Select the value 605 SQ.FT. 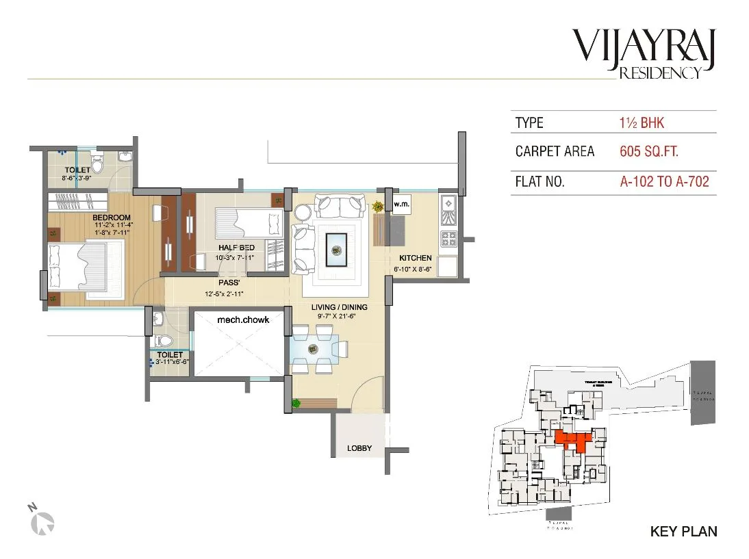click(x=648, y=152)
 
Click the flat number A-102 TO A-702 click(x=663, y=182)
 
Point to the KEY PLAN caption click(x=683, y=531)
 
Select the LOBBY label click(x=359, y=448)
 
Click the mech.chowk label click(x=242, y=320)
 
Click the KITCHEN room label click(x=416, y=258)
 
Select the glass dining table click(x=316, y=348)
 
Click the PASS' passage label click(x=228, y=282)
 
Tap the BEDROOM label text click(x=112, y=218)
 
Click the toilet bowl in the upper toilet click(x=97, y=164)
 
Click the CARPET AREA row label click(x=555, y=152)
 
